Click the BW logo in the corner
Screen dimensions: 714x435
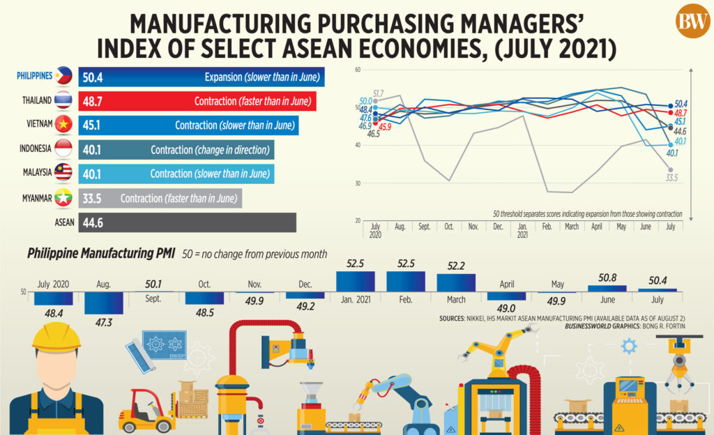tap(692, 21)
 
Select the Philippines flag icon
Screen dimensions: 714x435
tap(63, 76)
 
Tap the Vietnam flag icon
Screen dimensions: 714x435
tap(63, 124)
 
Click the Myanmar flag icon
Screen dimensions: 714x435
tap(63, 198)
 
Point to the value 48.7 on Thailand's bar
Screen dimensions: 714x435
tap(93, 102)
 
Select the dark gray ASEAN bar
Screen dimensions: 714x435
tap(187, 222)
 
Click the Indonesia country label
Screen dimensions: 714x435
tap(35, 148)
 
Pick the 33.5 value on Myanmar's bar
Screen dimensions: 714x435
tap(92, 199)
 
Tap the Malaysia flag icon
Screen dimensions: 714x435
tap(63, 172)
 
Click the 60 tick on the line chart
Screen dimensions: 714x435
tap(358, 70)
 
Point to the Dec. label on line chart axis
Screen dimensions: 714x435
tap(498, 227)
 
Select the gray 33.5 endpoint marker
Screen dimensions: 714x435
tap(670, 169)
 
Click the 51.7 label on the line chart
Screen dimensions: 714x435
tap(378, 93)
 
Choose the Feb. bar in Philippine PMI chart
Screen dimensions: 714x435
tap(406, 281)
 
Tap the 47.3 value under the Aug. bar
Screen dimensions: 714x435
tap(104, 323)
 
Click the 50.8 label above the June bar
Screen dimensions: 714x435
tap(607, 277)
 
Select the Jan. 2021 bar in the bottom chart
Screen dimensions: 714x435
tap(356, 281)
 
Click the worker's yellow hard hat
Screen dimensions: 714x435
tap(56, 337)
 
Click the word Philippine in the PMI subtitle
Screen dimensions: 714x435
tap(52, 254)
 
